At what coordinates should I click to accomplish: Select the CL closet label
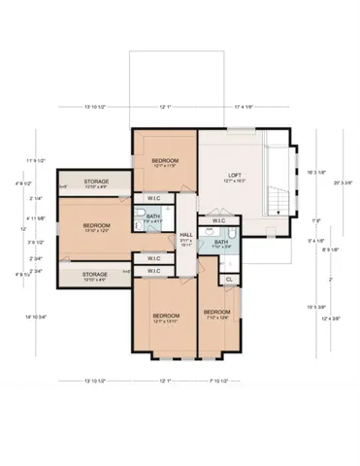click(x=229, y=279)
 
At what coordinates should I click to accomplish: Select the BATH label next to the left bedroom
click(x=153, y=216)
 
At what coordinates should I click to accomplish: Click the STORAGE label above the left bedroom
click(x=95, y=182)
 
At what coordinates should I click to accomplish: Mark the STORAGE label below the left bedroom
click(x=95, y=275)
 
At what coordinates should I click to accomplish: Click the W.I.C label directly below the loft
click(x=218, y=220)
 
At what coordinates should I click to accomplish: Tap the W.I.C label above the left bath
click(x=153, y=199)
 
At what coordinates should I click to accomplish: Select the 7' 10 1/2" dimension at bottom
click(x=218, y=380)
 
